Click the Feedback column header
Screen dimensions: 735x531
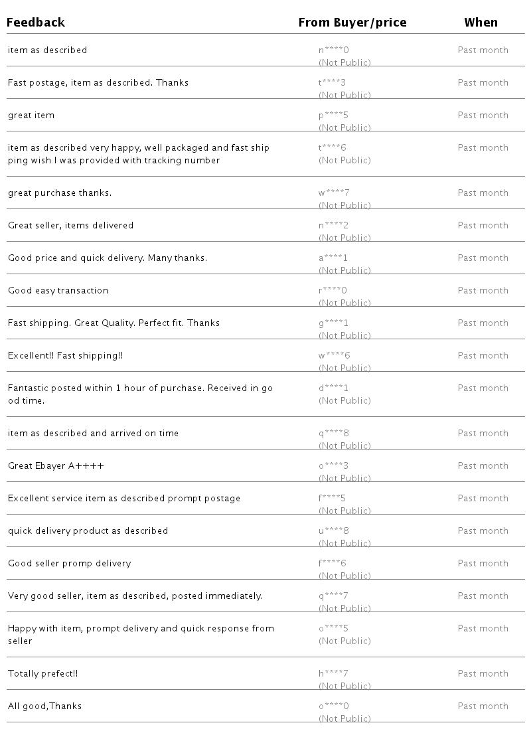click(x=36, y=23)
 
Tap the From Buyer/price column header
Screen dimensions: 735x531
click(x=352, y=23)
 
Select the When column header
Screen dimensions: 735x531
click(x=481, y=23)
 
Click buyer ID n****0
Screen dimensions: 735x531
click(x=333, y=50)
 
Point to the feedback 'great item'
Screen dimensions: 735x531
click(x=31, y=116)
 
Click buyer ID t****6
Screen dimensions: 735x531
click(x=333, y=147)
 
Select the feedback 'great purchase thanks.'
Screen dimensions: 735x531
click(x=60, y=193)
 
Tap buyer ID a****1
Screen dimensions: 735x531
click(x=333, y=258)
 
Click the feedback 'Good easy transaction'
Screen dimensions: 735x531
click(x=58, y=291)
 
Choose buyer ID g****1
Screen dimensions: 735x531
click(x=333, y=323)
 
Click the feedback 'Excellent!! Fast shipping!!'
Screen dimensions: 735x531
click(x=65, y=356)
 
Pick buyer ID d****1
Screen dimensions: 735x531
click(x=333, y=388)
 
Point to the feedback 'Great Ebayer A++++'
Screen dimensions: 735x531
click(x=56, y=466)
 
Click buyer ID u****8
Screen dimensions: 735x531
click(x=333, y=531)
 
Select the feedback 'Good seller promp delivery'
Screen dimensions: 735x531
click(x=69, y=564)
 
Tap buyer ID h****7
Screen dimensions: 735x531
click(x=333, y=674)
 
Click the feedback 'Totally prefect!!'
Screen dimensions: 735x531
click(x=42, y=674)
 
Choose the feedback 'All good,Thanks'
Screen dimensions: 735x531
click(x=44, y=706)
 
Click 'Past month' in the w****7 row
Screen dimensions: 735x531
click(x=483, y=193)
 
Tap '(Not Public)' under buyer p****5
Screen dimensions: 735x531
click(x=344, y=127)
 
